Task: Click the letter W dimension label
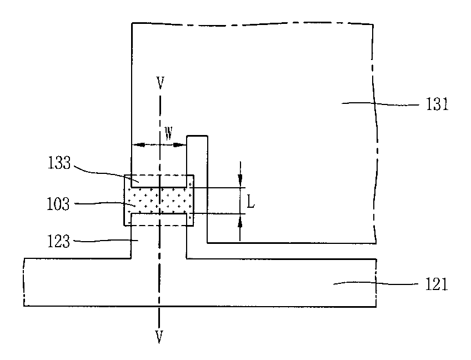click(168, 134)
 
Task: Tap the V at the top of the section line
click(160, 83)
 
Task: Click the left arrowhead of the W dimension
click(137, 144)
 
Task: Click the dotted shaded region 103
click(161, 201)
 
